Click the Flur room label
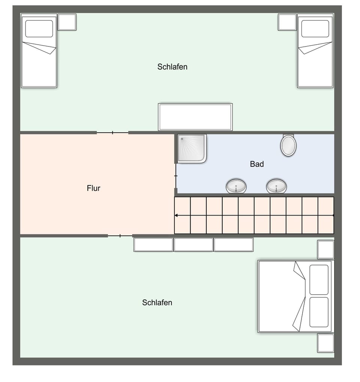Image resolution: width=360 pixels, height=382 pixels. [93, 188]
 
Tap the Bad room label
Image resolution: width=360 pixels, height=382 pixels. [257, 164]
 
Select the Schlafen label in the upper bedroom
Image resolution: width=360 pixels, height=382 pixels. [172, 67]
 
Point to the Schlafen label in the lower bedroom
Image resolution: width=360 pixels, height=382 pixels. [157, 303]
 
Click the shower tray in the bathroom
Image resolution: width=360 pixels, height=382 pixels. [192, 148]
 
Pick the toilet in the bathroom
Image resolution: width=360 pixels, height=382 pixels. [288, 145]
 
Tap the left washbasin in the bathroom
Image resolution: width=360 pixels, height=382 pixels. [236, 186]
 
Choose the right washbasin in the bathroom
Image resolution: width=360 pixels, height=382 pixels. [276, 186]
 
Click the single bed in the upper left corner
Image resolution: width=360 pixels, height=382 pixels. [39, 51]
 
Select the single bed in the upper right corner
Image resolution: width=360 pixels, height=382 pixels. [315, 51]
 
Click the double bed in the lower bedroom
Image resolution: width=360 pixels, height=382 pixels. [295, 296]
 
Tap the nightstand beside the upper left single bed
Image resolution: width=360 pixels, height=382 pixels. [67, 22]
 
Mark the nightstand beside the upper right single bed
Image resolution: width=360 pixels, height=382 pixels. [287, 22]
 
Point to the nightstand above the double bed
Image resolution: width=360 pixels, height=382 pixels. [325, 250]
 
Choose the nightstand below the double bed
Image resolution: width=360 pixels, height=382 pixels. [325, 343]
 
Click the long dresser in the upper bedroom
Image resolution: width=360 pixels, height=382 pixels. [195, 117]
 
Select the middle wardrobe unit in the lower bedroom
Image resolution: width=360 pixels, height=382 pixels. [193, 244]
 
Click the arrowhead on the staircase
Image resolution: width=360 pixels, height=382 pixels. [177, 215]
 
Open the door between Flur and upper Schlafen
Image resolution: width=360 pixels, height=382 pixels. [112, 132]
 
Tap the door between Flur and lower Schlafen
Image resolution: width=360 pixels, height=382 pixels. [120, 236]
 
